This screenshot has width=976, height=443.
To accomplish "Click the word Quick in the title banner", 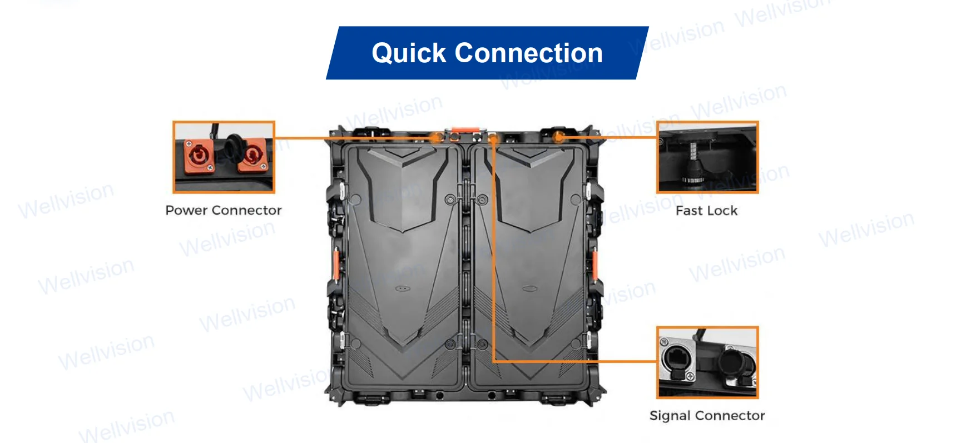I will click(409, 54).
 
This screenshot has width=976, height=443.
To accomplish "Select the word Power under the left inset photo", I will click(186, 210).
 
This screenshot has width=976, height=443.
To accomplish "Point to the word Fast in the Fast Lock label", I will click(689, 211).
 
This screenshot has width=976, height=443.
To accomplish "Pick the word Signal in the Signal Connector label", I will click(670, 416).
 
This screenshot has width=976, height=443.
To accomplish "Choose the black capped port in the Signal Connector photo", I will click(736, 362).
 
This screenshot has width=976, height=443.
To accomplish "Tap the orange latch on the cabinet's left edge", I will click(336, 265).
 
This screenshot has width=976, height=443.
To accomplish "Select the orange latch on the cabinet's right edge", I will click(594, 265).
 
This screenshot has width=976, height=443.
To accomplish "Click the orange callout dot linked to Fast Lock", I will click(559, 137).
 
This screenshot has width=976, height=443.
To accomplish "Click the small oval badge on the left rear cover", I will click(402, 289).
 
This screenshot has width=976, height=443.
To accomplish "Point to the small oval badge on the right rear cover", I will click(528, 289).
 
